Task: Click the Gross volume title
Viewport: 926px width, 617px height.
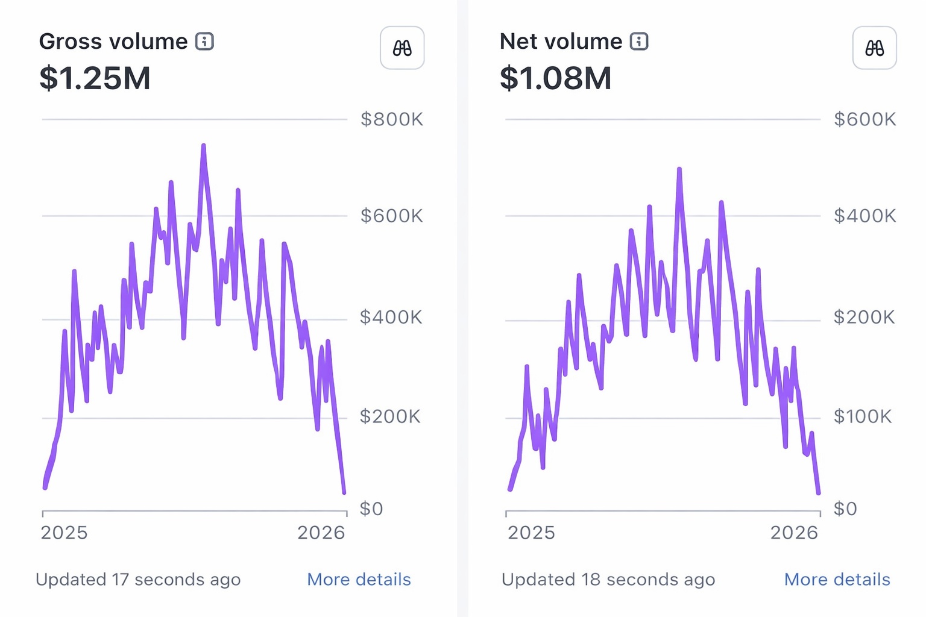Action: pos(113,42)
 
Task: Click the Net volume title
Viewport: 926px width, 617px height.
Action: pos(561,42)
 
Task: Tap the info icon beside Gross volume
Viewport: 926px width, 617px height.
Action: pos(204,42)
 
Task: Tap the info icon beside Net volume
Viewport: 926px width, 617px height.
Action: pos(639,42)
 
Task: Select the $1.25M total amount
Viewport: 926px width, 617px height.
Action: pos(95,78)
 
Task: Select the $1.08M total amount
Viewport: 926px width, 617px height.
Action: pos(555,78)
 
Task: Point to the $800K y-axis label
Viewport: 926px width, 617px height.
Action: pos(392,119)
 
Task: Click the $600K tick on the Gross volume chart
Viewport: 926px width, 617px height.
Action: pos(392,216)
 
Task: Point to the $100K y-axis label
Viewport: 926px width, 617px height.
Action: pos(862,416)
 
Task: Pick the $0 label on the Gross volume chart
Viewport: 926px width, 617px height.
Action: pos(371,509)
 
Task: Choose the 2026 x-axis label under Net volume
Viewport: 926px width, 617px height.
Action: pos(794,533)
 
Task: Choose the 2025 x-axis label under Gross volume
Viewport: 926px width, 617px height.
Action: pos(64,533)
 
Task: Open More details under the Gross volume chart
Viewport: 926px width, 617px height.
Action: pos(359,580)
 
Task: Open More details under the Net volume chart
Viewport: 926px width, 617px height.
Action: pos(837,580)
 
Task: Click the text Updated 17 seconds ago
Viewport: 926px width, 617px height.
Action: pos(138,580)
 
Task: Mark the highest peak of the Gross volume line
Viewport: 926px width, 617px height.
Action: pos(203,146)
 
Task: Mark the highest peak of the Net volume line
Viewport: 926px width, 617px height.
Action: pos(679,169)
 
